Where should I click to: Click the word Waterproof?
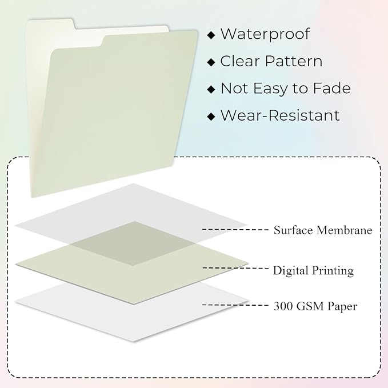tap(265, 34)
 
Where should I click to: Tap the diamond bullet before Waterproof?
tap(211, 35)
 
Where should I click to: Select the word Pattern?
tap(294, 61)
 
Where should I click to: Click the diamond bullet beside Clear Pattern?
tap(211, 62)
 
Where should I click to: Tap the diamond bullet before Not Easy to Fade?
tap(211, 89)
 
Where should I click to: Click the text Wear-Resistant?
tap(280, 115)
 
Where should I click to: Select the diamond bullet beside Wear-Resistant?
tap(211, 117)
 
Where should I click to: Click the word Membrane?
tap(344, 230)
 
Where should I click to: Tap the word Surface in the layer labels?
tap(293, 230)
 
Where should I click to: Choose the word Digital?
tap(291, 270)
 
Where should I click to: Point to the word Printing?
tap(333, 270)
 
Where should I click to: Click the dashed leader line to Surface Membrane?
tap(235, 230)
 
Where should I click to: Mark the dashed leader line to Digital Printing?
tap(235, 268)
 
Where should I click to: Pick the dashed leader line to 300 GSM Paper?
tap(235, 305)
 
